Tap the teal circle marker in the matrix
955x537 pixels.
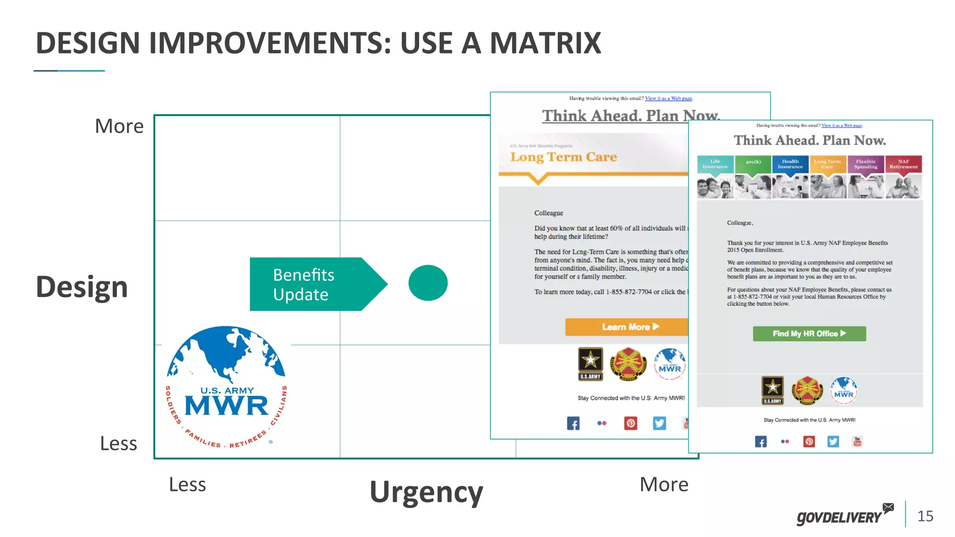pyautogui.click(x=428, y=283)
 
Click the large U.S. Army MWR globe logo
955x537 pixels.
pyautogui.click(x=227, y=387)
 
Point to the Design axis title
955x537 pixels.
pyautogui.click(x=82, y=287)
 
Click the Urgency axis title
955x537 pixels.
pyautogui.click(x=426, y=492)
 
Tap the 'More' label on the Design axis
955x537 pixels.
pyautogui.click(x=119, y=126)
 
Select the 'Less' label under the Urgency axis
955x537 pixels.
pyautogui.click(x=187, y=485)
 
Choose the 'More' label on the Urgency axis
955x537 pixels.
pyautogui.click(x=664, y=485)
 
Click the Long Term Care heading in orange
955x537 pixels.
pyautogui.click(x=563, y=157)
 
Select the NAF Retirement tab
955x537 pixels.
pyautogui.click(x=903, y=164)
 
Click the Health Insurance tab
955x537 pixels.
pyautogui.click(x=790, y=164)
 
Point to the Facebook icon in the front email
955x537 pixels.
pyautogui.click(x=761, y=441)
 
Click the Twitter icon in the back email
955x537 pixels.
pyautogui.click(x=659, y=423)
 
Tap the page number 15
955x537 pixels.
pyautogui.click(x=925, y=516)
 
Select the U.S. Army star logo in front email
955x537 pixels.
pyautogui.click(x=773, y=389)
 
